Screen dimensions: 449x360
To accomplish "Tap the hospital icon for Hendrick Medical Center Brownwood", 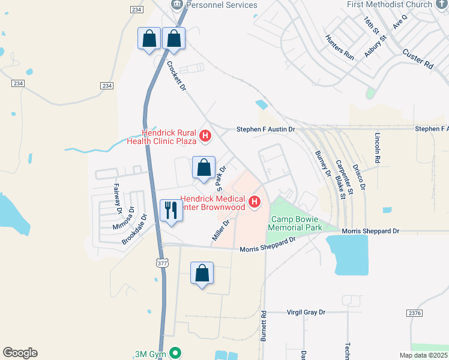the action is pyautogui.click(x=255, y=202).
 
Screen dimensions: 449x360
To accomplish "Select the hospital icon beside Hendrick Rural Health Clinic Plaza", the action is pyautogui.click(x=205, y=136).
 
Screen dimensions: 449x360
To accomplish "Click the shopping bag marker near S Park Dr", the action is pyautogui.click(x=204, y=167).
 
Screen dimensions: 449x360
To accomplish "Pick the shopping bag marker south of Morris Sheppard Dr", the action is pyautogui.click(x=202, y=274).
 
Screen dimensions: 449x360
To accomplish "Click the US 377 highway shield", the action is pyautogui.click(x=161, y=263).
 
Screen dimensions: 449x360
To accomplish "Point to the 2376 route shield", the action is pyautogui.click(x=414, y=313).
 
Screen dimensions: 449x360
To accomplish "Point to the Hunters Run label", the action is pyautogui.click(x=339, y=47).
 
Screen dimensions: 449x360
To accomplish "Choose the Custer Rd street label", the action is pyautogui.click(x=418, y=59).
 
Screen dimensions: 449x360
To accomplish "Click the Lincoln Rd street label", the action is pyautogui.click(x=378, y=148).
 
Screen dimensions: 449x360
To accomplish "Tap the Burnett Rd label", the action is pyautogui.click(x=263, y=326).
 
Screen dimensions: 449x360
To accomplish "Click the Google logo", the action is pyautogui.click(x=20, y=353).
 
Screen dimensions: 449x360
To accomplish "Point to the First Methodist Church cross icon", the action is pyautogui.click(x=441, y=4).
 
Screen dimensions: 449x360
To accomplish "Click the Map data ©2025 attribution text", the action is pyautogui.click(x=423, y=355).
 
